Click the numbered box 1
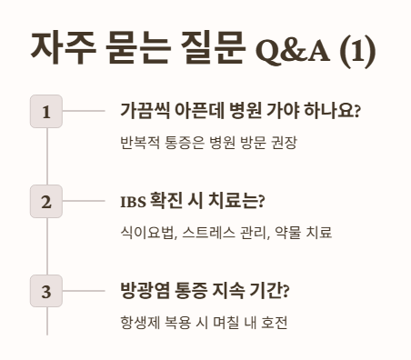tap(45, 112)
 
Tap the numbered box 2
tap(45, 202)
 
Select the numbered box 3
tap(45, 292)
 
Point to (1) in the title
tap(357, 48)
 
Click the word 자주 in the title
tap(59, 47)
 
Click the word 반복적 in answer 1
tap(139, 143)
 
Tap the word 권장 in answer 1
tap(284, 143)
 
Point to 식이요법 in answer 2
tap(146, 233)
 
